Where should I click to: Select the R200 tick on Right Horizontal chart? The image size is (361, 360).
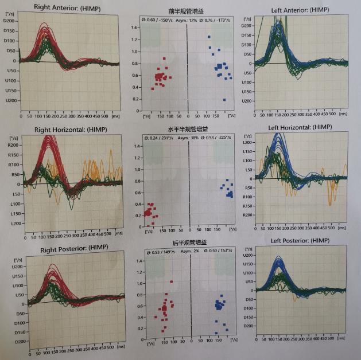13,146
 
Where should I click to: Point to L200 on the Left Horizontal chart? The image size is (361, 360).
249,142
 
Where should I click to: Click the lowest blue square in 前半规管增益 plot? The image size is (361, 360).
224,100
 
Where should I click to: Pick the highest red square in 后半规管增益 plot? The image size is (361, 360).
171,281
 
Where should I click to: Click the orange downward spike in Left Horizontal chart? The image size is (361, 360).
329,201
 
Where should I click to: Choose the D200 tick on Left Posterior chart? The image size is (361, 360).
248,326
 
